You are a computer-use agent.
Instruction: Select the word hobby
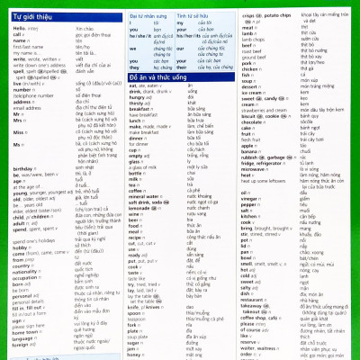point(22,247)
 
